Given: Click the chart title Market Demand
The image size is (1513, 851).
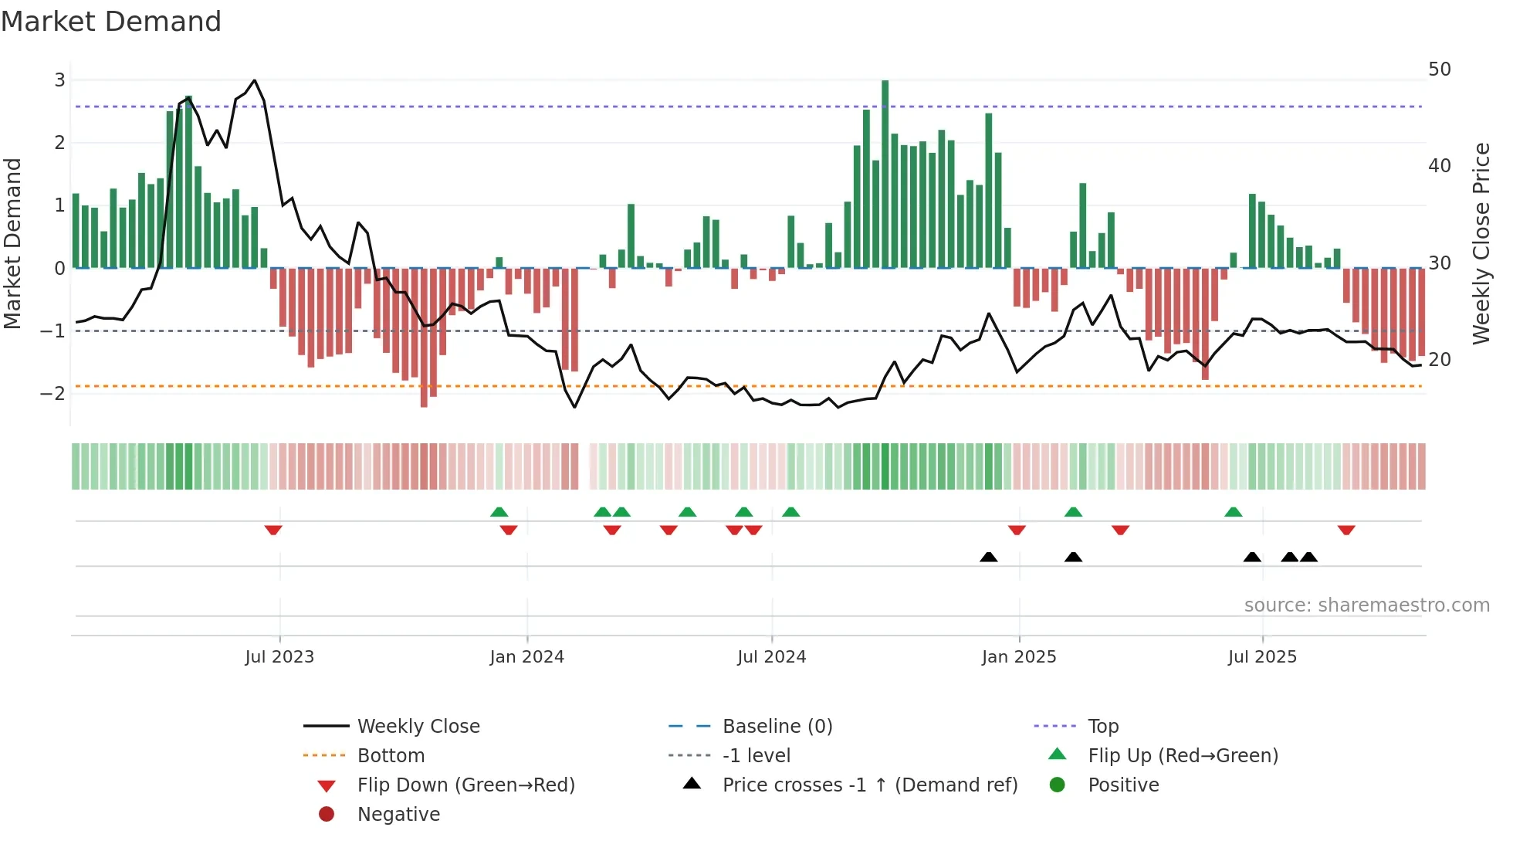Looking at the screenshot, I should click(x=111, y=22).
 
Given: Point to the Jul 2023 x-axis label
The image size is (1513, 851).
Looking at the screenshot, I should click(x=279, y=657).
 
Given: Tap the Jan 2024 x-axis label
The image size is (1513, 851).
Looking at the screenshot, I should click(x=526, y=657).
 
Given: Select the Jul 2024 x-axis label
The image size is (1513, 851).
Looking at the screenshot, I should click(x=771, y=657).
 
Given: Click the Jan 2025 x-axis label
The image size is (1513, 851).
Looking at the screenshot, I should click(x=1019, y=657).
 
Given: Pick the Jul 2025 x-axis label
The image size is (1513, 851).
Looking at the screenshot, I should click(x=1262, y=657).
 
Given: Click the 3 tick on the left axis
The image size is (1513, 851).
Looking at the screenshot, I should click(x=59, y=80).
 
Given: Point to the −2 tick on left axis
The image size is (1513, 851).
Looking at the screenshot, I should click(x=54, y=394).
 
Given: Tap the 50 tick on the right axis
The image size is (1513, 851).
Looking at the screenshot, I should click(x=1439, y=70).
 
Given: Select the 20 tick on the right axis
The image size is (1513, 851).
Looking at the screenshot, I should click(x=1439, y=360).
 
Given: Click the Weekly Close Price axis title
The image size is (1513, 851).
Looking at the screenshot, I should click(x=1481, y=243).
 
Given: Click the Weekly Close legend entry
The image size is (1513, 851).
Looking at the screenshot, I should click(x=418, y=727).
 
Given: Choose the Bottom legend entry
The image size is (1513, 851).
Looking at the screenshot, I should click(x=391, y=756).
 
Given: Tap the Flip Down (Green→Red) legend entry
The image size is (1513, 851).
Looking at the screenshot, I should click(x=465, y=785).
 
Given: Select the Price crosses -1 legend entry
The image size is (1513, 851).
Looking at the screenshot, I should click(x=869, y=785).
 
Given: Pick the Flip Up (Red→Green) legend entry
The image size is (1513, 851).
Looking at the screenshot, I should click(x=1183, y=756).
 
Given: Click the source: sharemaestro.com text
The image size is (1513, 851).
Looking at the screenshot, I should click(x=1366, y=605).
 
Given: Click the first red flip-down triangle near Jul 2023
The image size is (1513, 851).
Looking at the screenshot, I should click(x=273, y=530).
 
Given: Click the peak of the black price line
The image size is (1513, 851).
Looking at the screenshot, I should click(x=255, y=80).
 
